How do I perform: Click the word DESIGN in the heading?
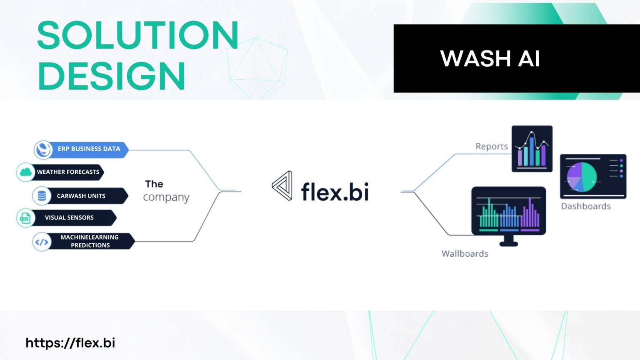point(111,76)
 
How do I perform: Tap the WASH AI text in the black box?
point(490,58)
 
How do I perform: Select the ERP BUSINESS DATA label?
point(89,149)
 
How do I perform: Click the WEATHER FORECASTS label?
point(68,172)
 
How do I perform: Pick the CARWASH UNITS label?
point(81,196)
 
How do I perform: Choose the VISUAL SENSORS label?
point(69,217)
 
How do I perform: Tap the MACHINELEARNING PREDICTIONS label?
point(90,241)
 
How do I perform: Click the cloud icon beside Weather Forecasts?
point(25,172)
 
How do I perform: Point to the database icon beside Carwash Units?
point(42,195)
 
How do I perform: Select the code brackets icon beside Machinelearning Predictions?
point(42,242)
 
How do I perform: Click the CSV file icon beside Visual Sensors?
point(25,218)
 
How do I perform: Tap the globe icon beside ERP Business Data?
point(43,149)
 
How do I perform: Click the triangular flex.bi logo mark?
point(282,186)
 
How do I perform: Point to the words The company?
point(165,191)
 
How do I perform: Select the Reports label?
point(492,146)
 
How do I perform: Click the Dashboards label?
point(585,206)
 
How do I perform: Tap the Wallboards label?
point(465,254)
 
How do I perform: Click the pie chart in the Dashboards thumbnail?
point(582,177)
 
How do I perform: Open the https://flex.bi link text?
point(70,343)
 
